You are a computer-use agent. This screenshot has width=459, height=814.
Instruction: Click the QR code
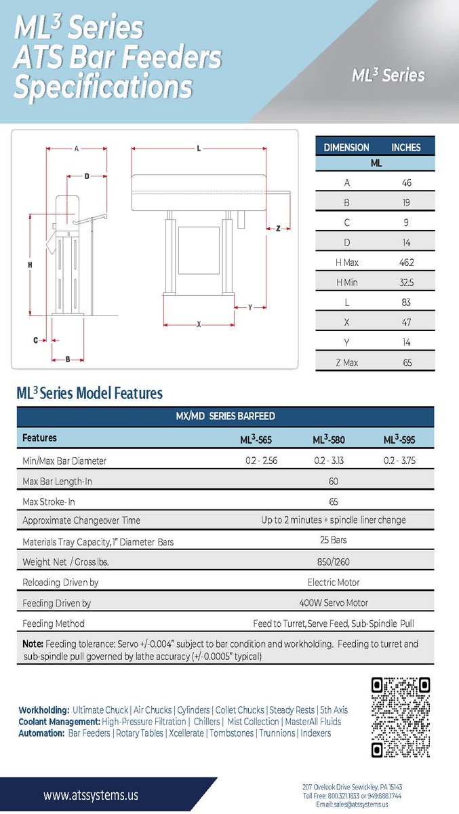click(401, 716)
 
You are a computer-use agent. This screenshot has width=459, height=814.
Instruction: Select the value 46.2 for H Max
click(406, 262)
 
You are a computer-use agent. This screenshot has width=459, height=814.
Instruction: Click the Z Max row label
click(346, 362)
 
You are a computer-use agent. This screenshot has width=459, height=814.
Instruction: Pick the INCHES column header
click(405, 147)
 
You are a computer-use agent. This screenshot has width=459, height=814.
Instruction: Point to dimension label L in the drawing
click(199, 149)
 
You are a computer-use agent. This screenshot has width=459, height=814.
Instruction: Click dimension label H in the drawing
click(31, 265)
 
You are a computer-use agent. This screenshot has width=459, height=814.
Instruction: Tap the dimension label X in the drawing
click(199, 324)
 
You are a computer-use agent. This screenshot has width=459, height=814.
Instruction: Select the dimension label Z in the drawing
click(278, 229)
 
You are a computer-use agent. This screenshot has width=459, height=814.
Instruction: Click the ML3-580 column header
click(329, 440)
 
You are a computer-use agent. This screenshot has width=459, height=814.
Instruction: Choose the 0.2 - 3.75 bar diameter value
click(399, 461)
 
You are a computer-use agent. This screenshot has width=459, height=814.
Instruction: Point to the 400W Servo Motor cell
click(333, 602)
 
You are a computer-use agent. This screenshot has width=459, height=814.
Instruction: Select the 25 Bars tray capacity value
click(332, 541)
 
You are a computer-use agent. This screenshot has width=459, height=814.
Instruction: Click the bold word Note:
click(33, 644)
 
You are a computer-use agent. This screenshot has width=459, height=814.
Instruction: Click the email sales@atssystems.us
click(352, 804)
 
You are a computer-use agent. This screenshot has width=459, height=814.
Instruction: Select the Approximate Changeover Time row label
click(81, 520)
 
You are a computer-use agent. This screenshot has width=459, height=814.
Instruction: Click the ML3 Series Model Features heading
click(89, 393)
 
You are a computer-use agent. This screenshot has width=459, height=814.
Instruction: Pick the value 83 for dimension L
click(407, 302)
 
